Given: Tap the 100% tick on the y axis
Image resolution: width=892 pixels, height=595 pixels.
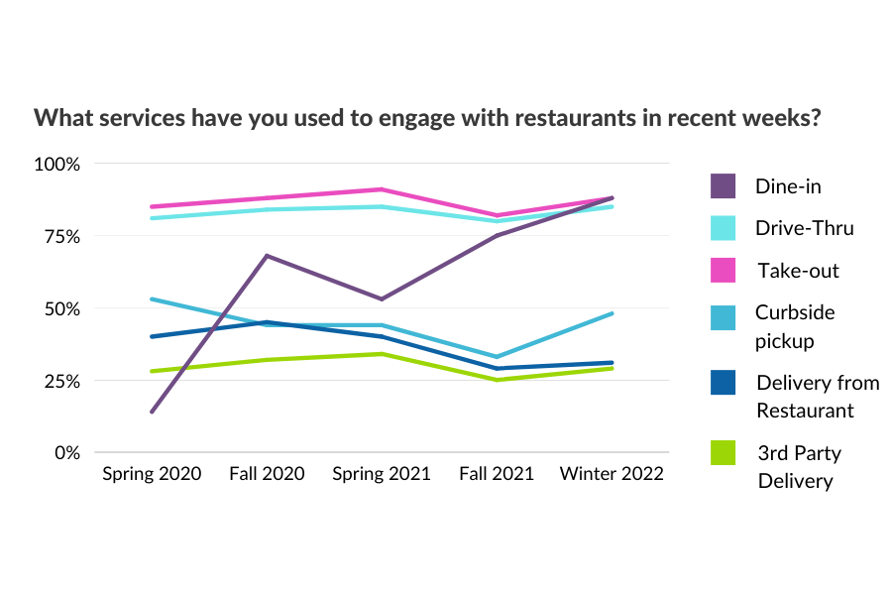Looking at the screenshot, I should (57, 164).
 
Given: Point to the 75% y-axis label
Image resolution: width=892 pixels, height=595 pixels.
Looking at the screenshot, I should (60, 236).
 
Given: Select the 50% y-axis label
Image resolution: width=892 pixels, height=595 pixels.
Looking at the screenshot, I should (60, 308).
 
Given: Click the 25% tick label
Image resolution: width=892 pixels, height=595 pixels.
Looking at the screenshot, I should (60, 381).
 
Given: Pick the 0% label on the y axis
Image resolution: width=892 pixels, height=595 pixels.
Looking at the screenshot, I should (65, 452).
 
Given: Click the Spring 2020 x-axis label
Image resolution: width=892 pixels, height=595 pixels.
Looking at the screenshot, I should (152, 474).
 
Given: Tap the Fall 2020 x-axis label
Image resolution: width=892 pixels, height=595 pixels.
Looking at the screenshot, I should (267, 474).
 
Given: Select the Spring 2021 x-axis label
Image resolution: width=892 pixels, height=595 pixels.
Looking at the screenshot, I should (382, 474).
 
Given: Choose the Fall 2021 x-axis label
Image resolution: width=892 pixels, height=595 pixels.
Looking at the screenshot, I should (497, 474).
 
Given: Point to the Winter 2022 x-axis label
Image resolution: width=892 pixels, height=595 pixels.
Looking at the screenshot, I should (612, 474).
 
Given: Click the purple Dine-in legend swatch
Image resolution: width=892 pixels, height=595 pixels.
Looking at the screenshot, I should (724, 185).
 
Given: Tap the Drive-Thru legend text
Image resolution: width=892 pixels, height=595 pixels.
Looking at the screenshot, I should (804, 228).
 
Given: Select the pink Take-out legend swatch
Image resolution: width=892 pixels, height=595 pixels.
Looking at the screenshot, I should (724, 270).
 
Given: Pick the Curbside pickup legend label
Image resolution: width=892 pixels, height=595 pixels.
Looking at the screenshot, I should (795, 326).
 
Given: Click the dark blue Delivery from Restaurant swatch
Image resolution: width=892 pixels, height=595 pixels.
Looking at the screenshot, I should (724, 383).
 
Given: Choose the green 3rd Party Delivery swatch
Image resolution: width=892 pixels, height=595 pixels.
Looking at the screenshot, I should (724, 453).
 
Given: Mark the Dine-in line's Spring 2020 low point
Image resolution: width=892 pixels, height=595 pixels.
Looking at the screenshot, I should (152, 412).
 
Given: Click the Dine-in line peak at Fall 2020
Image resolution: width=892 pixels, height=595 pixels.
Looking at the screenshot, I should (267, 256).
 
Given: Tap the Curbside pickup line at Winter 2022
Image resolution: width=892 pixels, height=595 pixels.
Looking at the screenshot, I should (612, 313).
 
